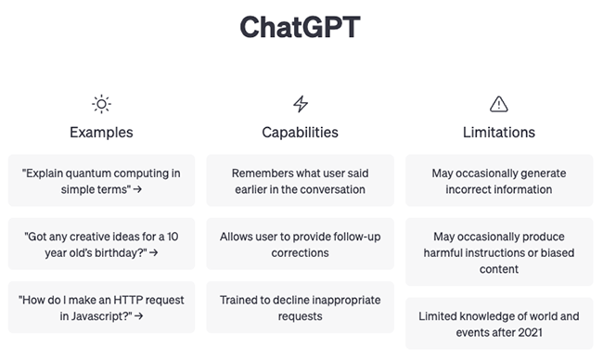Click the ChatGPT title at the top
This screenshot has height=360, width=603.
coord(301,27)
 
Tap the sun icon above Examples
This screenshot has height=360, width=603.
coord(101,103)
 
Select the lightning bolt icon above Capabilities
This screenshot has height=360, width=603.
coord(300,103)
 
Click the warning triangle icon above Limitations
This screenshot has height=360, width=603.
coord(499,103)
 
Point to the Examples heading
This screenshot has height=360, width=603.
coord(101,132)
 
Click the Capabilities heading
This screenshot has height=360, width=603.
coord(300,132)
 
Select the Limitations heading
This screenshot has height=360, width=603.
coord(499,132)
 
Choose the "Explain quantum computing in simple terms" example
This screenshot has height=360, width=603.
coord(101,180)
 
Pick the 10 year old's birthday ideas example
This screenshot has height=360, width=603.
coord(101,243)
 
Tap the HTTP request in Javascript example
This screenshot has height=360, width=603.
coord(101,307)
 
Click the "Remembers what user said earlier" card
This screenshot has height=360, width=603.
coord(300,180)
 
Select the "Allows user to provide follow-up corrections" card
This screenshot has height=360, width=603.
coord(300,243)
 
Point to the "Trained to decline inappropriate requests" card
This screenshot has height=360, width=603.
coord(300,307)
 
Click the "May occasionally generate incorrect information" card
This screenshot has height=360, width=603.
coord(499,180)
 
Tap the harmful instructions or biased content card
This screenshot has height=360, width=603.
coord(499,251)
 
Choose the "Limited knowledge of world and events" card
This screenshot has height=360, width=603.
coord(499,323)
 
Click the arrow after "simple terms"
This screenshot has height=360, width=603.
coord(138,189)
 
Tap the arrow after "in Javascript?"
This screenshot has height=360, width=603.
coord(138,316)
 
